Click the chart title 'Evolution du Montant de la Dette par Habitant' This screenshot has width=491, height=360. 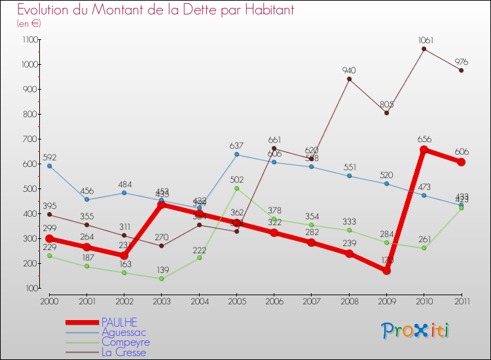pos(155,10)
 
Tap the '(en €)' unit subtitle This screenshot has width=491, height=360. pos(29,24)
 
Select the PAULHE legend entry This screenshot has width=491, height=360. pos(120,322)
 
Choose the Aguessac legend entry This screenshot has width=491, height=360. pos(124,333)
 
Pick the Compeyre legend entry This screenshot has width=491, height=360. pos(126,342)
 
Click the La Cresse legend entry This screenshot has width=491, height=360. pos(124,353)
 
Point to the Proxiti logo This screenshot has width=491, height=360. pos(416,331)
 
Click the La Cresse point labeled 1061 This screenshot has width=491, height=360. pos(424,48)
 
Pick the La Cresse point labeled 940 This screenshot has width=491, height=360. pos(349,79)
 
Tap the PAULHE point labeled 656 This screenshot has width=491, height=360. pos(424,150)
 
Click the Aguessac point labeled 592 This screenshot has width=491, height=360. pos(49,166)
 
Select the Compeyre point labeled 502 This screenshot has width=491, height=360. pos(236,188)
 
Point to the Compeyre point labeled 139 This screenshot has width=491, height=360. pos(161,278)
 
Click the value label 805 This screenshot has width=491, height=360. pos(386,103)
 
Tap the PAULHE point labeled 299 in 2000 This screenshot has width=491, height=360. pos(49,238)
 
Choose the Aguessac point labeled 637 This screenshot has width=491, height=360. pos(236,154)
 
